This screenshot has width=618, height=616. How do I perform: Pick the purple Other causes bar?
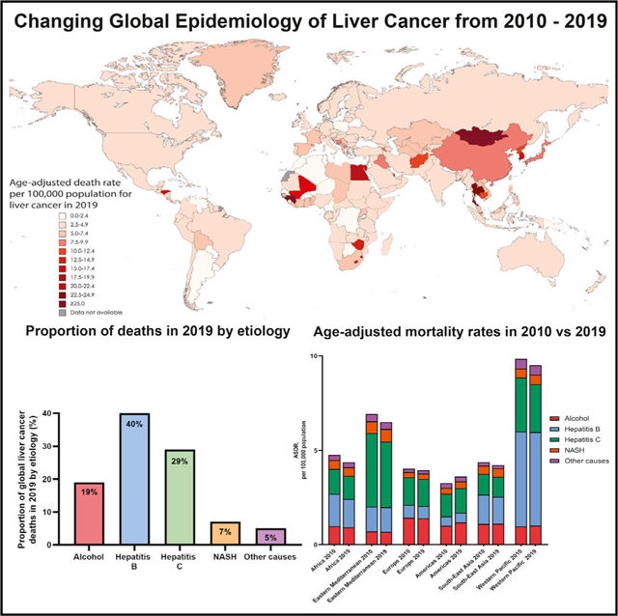pos(268,537)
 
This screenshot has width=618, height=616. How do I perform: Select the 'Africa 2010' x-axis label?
pos(324,565)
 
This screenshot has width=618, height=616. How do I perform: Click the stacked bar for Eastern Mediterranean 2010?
pos(372,484)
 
